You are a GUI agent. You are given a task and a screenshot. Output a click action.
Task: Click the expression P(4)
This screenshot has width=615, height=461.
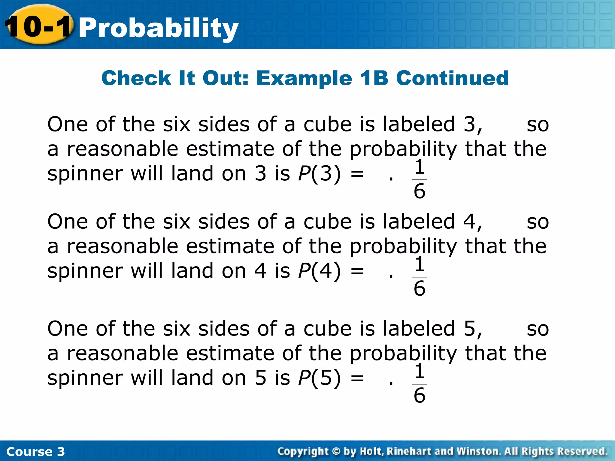coord(320,271)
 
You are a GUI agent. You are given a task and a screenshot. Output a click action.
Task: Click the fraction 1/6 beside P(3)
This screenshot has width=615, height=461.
coord(420,179)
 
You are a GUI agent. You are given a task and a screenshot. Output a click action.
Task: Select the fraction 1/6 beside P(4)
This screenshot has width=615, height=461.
coord(420,277)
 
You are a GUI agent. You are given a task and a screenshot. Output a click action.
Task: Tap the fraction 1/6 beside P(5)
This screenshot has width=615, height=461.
coord(420,384)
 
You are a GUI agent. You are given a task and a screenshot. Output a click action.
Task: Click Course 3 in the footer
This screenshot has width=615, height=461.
coord(35,451)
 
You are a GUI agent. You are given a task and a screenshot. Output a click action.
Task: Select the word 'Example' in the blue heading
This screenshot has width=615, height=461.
coord(304,79)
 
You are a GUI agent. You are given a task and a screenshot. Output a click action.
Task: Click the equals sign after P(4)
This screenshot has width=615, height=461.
coord(357,271)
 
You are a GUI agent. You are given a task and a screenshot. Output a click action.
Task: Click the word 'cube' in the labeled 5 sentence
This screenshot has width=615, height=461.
coord(327,329)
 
